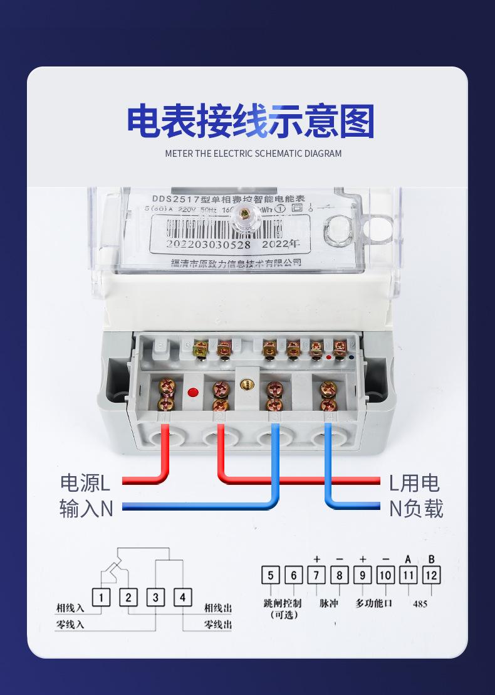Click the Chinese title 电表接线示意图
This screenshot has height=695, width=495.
[250, 122]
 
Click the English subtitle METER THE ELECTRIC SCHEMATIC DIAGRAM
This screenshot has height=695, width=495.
[253, 153]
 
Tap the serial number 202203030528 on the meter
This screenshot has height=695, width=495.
[209, 245]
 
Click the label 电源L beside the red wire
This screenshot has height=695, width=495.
[85, 482]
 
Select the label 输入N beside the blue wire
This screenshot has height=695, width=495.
[86, 507]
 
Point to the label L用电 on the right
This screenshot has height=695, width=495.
[414, 482]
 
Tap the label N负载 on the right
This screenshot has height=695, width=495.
[415, 508]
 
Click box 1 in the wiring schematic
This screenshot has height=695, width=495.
[101, 597]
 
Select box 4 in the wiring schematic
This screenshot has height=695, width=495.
[182, 597]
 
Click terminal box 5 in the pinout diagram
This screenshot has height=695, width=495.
[270, 575]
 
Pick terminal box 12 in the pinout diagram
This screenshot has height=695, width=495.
[432, 575]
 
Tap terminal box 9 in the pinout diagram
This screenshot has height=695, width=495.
[363, 575]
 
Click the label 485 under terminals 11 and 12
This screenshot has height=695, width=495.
[420, 604]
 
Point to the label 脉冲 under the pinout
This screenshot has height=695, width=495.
[328, 603]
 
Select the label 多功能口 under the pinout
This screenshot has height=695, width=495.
[373, 603]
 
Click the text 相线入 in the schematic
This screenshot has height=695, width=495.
[70, 608]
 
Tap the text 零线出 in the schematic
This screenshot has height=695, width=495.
[217, 624]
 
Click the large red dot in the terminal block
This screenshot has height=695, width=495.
[193, 393]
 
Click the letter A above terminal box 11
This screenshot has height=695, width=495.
[408, 559]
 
